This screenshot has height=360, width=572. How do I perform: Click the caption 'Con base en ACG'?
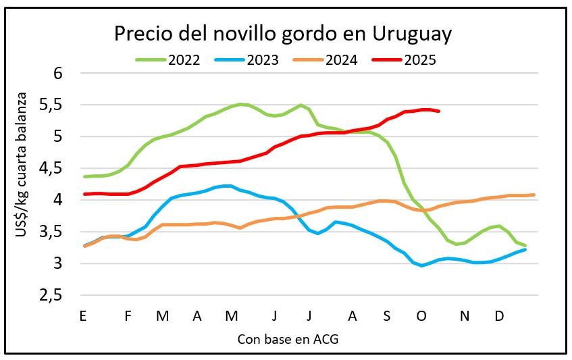(x=288, y=339)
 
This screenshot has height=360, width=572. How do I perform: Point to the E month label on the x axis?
(x=83, y=316)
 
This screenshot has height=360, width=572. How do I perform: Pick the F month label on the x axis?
(x=128, y=316)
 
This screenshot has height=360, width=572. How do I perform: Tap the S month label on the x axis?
(x=386, y=316)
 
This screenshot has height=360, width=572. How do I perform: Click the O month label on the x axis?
(x=422, y=316)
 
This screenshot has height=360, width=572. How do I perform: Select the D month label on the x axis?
(x=500, y=316)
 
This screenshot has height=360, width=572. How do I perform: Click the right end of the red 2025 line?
(x=440, y=111)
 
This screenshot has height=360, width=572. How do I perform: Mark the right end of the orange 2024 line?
(x=534, y=195)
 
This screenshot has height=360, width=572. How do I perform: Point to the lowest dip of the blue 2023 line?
(x=422, y=265)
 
